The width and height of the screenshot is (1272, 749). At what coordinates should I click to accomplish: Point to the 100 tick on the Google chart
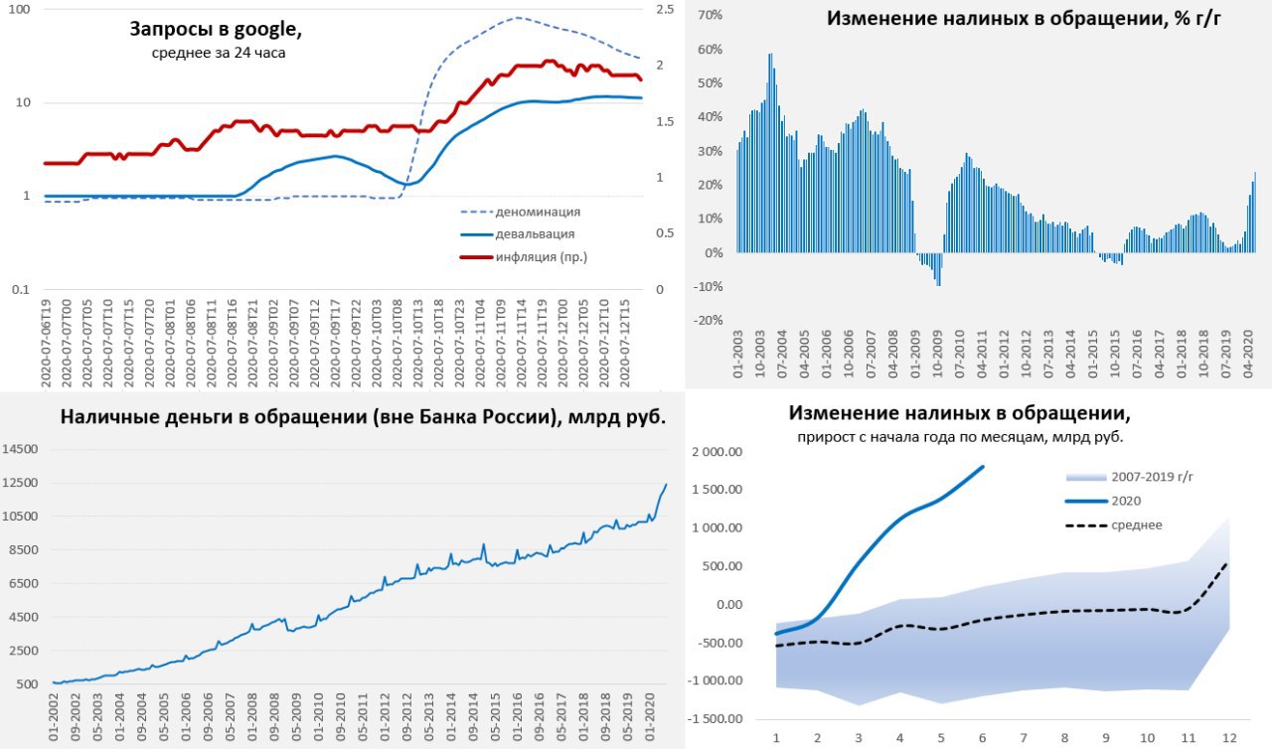pyautogui.click(x=18, y=9)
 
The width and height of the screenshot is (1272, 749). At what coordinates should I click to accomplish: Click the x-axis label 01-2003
pyautogui.click(x=737, y=357)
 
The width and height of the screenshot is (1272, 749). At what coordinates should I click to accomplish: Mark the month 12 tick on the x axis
pyautogui.click(x=1229, y=738)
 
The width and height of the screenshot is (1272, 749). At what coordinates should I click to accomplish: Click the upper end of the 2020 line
pyautogui.click(x=983, y=466)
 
